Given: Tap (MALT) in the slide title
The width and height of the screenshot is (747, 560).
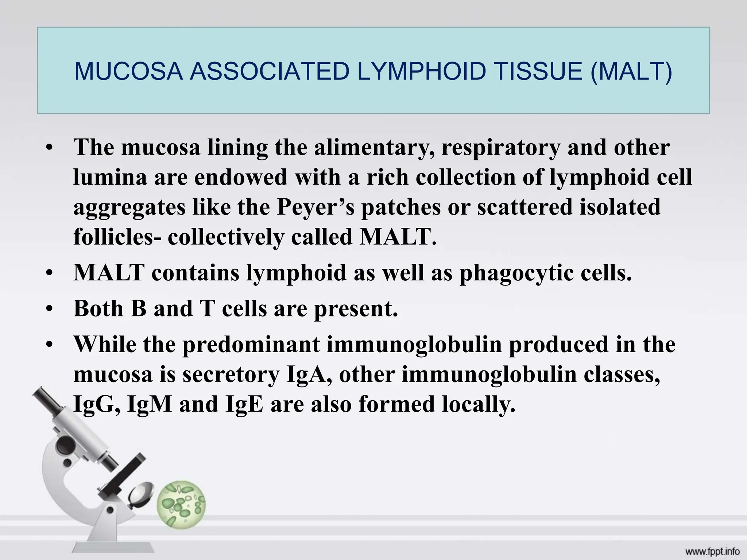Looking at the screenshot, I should click(631, 71).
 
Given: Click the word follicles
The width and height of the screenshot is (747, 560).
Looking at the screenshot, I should click(113, 237).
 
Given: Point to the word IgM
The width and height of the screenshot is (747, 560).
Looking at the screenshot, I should click(150, 405).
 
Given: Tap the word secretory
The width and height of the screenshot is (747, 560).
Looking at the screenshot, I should click(230, 375).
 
